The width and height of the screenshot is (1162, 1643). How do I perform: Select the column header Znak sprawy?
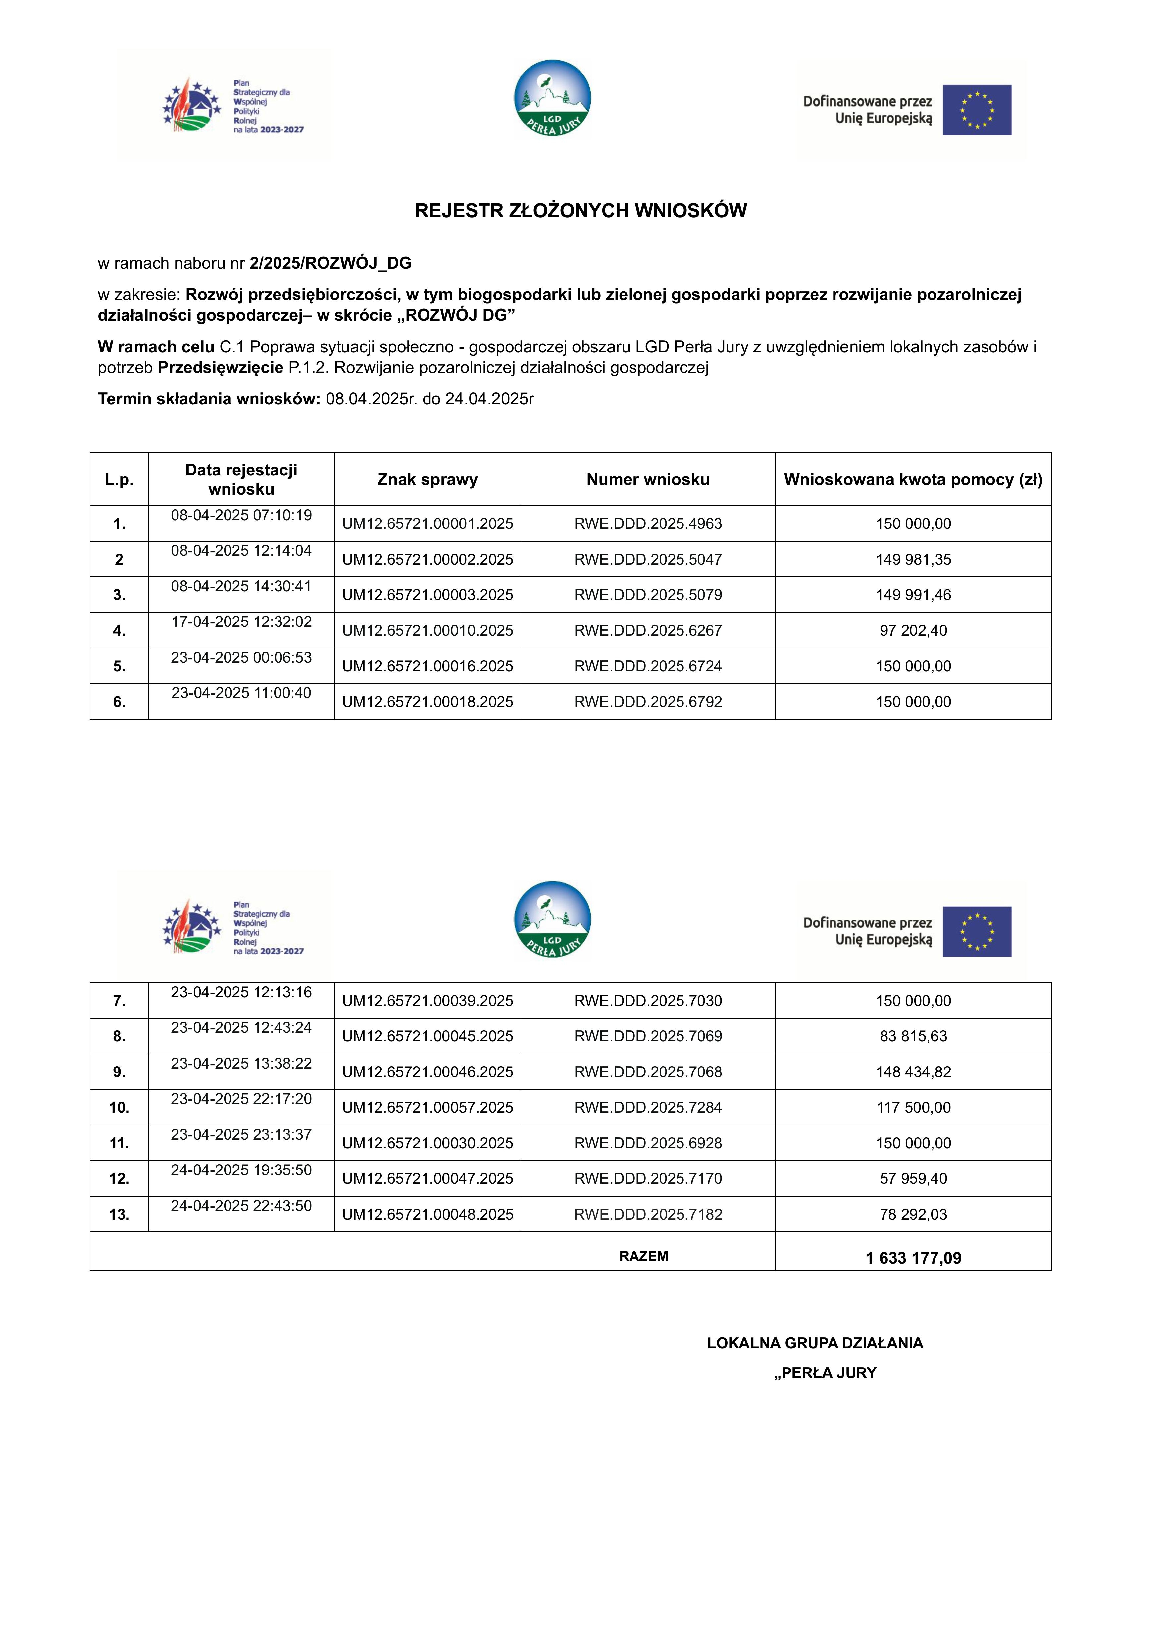tap(427, 479)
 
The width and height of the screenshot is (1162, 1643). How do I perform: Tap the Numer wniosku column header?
tap(647, 479)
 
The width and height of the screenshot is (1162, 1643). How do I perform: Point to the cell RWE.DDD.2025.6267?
tap(647, 630)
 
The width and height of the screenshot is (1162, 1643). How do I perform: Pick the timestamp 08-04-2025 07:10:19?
tap(241, 515)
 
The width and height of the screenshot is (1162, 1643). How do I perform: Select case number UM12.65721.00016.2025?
tap(427, 666)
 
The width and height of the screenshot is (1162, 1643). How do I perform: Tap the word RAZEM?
tap(643, 1256)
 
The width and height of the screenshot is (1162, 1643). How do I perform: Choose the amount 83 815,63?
tap(913, 1036)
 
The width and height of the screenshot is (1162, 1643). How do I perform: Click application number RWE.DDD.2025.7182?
tap(647, 1214)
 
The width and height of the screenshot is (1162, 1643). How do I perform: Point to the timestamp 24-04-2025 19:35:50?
tap(241, 1170)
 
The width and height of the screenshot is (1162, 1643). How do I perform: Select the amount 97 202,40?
tap(913, 630)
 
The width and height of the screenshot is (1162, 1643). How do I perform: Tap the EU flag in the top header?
tap(977, 110)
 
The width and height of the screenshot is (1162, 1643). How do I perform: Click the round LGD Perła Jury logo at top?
tap(552, 98)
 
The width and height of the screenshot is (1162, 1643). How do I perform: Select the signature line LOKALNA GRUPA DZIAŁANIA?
tap(814, 1343)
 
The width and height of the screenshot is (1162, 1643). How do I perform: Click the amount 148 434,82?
tap(913, 1072)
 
